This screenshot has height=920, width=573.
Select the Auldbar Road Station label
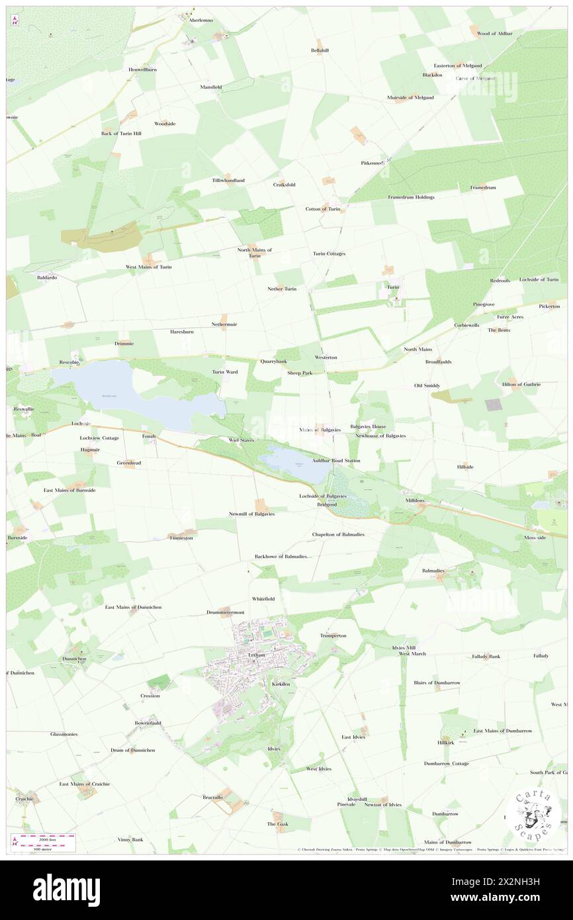336,460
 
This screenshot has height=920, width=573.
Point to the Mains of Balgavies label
320,430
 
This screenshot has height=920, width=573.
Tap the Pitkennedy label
372,163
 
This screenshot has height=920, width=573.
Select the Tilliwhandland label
228,181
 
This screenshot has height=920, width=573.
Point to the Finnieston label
181,538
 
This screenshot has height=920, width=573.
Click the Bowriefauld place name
147,723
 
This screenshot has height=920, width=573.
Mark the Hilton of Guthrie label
521,385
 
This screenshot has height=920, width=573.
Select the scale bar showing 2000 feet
44,839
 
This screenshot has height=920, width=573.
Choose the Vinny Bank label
130,840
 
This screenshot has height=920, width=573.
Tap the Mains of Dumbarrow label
447,841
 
